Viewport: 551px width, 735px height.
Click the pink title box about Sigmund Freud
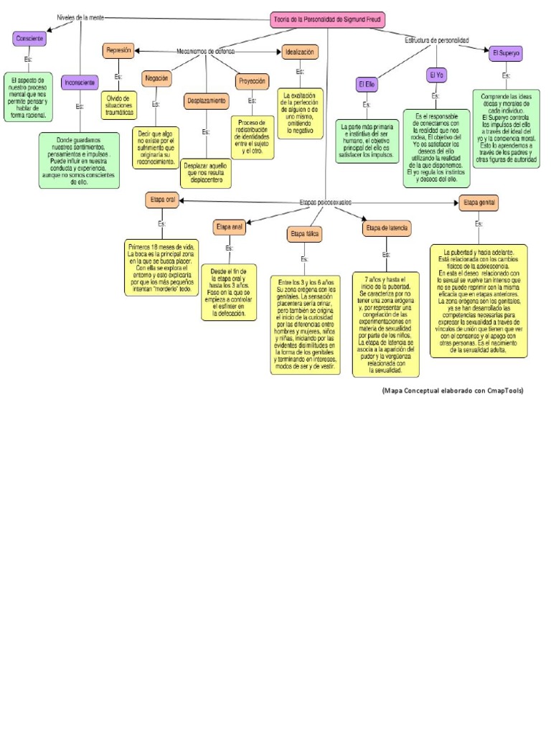(327, 20)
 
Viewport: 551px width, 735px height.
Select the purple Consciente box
(29, 39)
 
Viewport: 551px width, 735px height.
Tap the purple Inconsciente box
(80, 83)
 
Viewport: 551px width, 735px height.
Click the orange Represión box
(118, 51)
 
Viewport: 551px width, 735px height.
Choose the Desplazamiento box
(206, 101)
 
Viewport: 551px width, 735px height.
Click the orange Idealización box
(300, 52)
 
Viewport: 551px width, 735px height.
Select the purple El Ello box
(367, 85)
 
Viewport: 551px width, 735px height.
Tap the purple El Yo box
(436, 75)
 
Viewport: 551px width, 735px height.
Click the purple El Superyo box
(506, 53)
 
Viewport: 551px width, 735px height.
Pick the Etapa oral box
(162, 200)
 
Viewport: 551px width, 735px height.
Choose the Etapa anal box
(230, 228)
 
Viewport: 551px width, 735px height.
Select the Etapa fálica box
(305, 234)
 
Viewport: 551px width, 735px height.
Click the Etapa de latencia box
(387, 228)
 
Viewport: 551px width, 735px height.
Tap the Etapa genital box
(479, 203)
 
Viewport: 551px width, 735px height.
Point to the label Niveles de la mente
(80, 17)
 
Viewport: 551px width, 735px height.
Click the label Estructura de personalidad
(436, 41)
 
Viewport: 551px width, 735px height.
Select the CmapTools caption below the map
(452, 391)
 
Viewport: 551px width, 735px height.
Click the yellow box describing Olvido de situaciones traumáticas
(119, 105)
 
